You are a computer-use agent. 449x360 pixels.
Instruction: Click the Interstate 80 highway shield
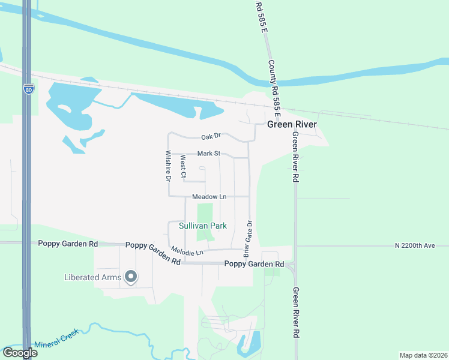(x=29, y=89)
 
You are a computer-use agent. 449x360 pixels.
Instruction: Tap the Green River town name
(x=292, y=125)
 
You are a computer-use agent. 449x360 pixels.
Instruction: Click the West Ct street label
(x=184, y=167)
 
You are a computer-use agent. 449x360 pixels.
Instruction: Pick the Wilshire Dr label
(x=169, y=166)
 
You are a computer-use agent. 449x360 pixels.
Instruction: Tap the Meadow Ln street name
(x=209, y=197)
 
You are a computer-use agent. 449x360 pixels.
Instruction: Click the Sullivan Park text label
(x=203, y=226)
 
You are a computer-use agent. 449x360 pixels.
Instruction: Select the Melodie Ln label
(x=187, y=251)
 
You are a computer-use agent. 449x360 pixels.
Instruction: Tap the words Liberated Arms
(x=92, y=277)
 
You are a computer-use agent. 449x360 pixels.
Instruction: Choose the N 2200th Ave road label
(x=421, y=245)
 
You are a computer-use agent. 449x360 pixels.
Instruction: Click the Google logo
(x=20, y=353)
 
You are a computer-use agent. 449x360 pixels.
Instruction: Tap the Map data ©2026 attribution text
(x=423, y=355)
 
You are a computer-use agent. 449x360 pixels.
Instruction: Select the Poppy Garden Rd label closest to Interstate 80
(x=67, y=244)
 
